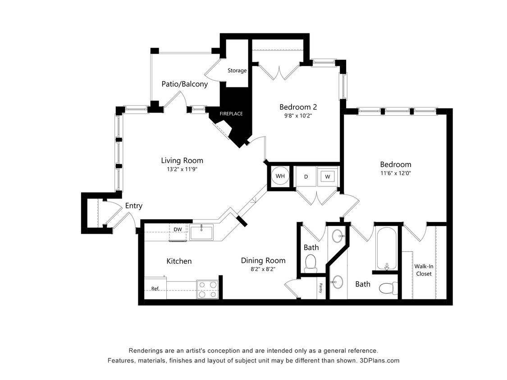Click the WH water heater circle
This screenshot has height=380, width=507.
click(x=280, y=176)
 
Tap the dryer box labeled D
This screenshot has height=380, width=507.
click(x=306, y=176)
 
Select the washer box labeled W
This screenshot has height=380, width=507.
click(x=328, y=176)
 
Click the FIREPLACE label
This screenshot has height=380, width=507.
click(x=231, y=113)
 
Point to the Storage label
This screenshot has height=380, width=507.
click(x=237, y=71)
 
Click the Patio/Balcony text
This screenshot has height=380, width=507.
click(x=185, y=84)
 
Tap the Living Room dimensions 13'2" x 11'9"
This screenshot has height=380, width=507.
click(x=182, y=169)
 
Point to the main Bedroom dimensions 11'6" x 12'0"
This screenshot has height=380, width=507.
click(x=395, y=173)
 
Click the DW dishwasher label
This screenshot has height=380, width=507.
click(x=178, y=229)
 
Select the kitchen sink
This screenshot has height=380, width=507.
click(x=202, y=233)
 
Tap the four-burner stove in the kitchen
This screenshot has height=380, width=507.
click(x=208, y=290)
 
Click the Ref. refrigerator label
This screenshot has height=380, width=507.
click(x=155, y=289)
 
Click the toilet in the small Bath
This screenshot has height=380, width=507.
click(x=311, y=262)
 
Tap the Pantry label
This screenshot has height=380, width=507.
click(x=321, y=288)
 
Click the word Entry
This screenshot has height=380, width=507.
click(x=134, y=206)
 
